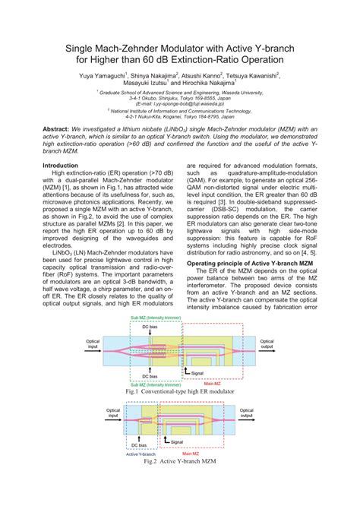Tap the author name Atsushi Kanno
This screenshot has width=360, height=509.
(204, 76)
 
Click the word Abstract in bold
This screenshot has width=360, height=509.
(58, 129)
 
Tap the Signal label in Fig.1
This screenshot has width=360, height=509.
(197, 373)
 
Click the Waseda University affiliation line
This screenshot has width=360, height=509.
(180, 92)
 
